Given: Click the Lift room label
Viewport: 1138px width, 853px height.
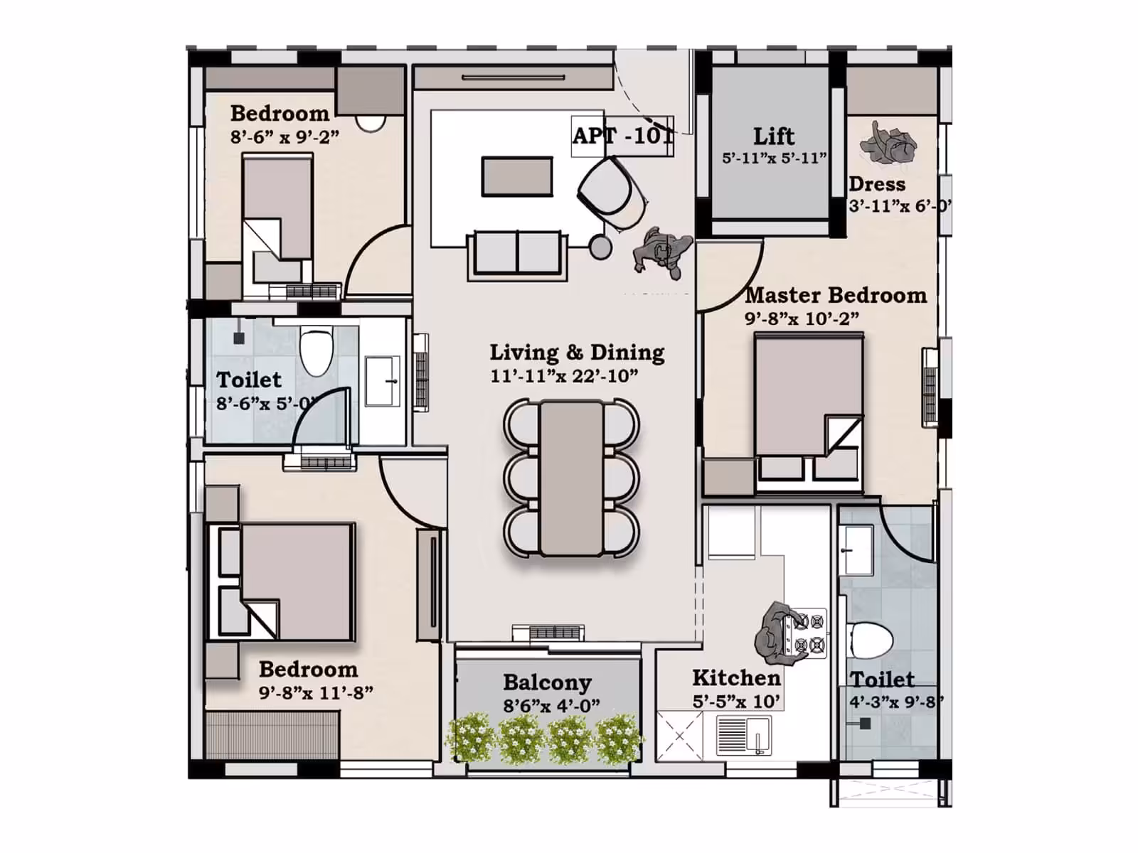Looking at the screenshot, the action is click(x=774, y=136).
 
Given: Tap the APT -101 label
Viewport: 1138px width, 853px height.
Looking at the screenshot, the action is click(x=622, y=136).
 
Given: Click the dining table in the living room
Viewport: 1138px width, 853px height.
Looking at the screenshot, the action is click(x=571, y=478).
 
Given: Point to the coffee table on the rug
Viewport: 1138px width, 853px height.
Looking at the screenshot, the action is click(x=517, y=176).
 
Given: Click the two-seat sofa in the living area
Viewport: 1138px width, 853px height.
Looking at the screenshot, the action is click(x=517, y=254).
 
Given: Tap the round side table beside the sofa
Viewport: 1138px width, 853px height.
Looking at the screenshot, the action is click(x=600, y=247).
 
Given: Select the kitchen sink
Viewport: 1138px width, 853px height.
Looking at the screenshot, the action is click(x=743, y=736).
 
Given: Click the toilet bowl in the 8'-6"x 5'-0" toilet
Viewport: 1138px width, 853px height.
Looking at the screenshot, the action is click(x=317, y=352).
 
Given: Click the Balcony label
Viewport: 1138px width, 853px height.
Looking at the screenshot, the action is click(x=547, y=682).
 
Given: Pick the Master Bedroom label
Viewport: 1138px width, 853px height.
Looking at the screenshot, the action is click(x=836, y=295).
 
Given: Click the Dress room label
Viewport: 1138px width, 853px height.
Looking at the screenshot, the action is click(x=877, y=184).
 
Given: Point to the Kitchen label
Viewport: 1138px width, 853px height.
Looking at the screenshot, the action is click(x=736, y=677).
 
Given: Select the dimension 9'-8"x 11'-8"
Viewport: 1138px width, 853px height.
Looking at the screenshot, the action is click(x=316, y=692).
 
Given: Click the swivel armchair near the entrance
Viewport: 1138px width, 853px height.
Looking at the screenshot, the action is click(x=612, y=193).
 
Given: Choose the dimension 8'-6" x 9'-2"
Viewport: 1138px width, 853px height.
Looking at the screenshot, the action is click(x=284, y=136).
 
